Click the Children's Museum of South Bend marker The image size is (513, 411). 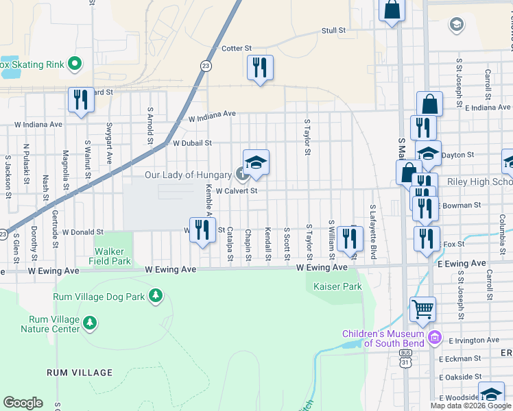433,338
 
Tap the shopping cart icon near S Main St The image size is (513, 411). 422,309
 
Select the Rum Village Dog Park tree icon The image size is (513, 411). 156,296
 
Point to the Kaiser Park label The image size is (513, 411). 337,287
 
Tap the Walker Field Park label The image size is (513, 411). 110,256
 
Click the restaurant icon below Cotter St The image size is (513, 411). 260,68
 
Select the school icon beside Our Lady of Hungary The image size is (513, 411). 256,162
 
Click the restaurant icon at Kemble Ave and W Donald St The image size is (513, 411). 202,229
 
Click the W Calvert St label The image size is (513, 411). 236,191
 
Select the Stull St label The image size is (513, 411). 333,31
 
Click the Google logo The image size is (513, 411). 23,402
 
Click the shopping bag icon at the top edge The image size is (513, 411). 392,10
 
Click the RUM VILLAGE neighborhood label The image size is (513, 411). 80,373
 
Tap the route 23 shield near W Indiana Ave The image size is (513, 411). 205,66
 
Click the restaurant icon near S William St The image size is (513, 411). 350,238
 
